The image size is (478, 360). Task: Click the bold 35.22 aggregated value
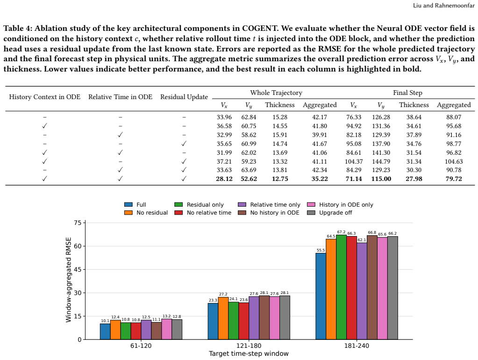pos(320,179)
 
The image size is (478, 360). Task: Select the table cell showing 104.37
pos(354,161)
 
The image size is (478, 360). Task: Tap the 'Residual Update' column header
pos(184,97)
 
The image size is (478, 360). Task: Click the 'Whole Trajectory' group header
pos(276,93)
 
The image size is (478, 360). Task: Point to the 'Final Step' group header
pos(407,93)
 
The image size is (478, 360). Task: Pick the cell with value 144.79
pos(381,161)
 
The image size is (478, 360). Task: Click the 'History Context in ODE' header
pos(45,97)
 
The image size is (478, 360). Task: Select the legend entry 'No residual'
pos(146,213)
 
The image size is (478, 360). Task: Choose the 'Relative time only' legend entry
pos(269,205)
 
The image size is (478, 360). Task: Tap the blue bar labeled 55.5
pos(321,296)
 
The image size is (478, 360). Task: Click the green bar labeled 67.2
pos(341,287)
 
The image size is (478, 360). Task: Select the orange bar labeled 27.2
pos(223,318)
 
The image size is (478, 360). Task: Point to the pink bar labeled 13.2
pos(166,329)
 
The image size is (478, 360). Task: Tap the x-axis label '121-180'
pos(249,346)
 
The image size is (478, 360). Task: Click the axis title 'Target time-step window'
pos(249,353)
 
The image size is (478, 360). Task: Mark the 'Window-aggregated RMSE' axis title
pos(69,280)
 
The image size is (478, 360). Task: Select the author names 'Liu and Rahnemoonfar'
pos(444,6)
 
